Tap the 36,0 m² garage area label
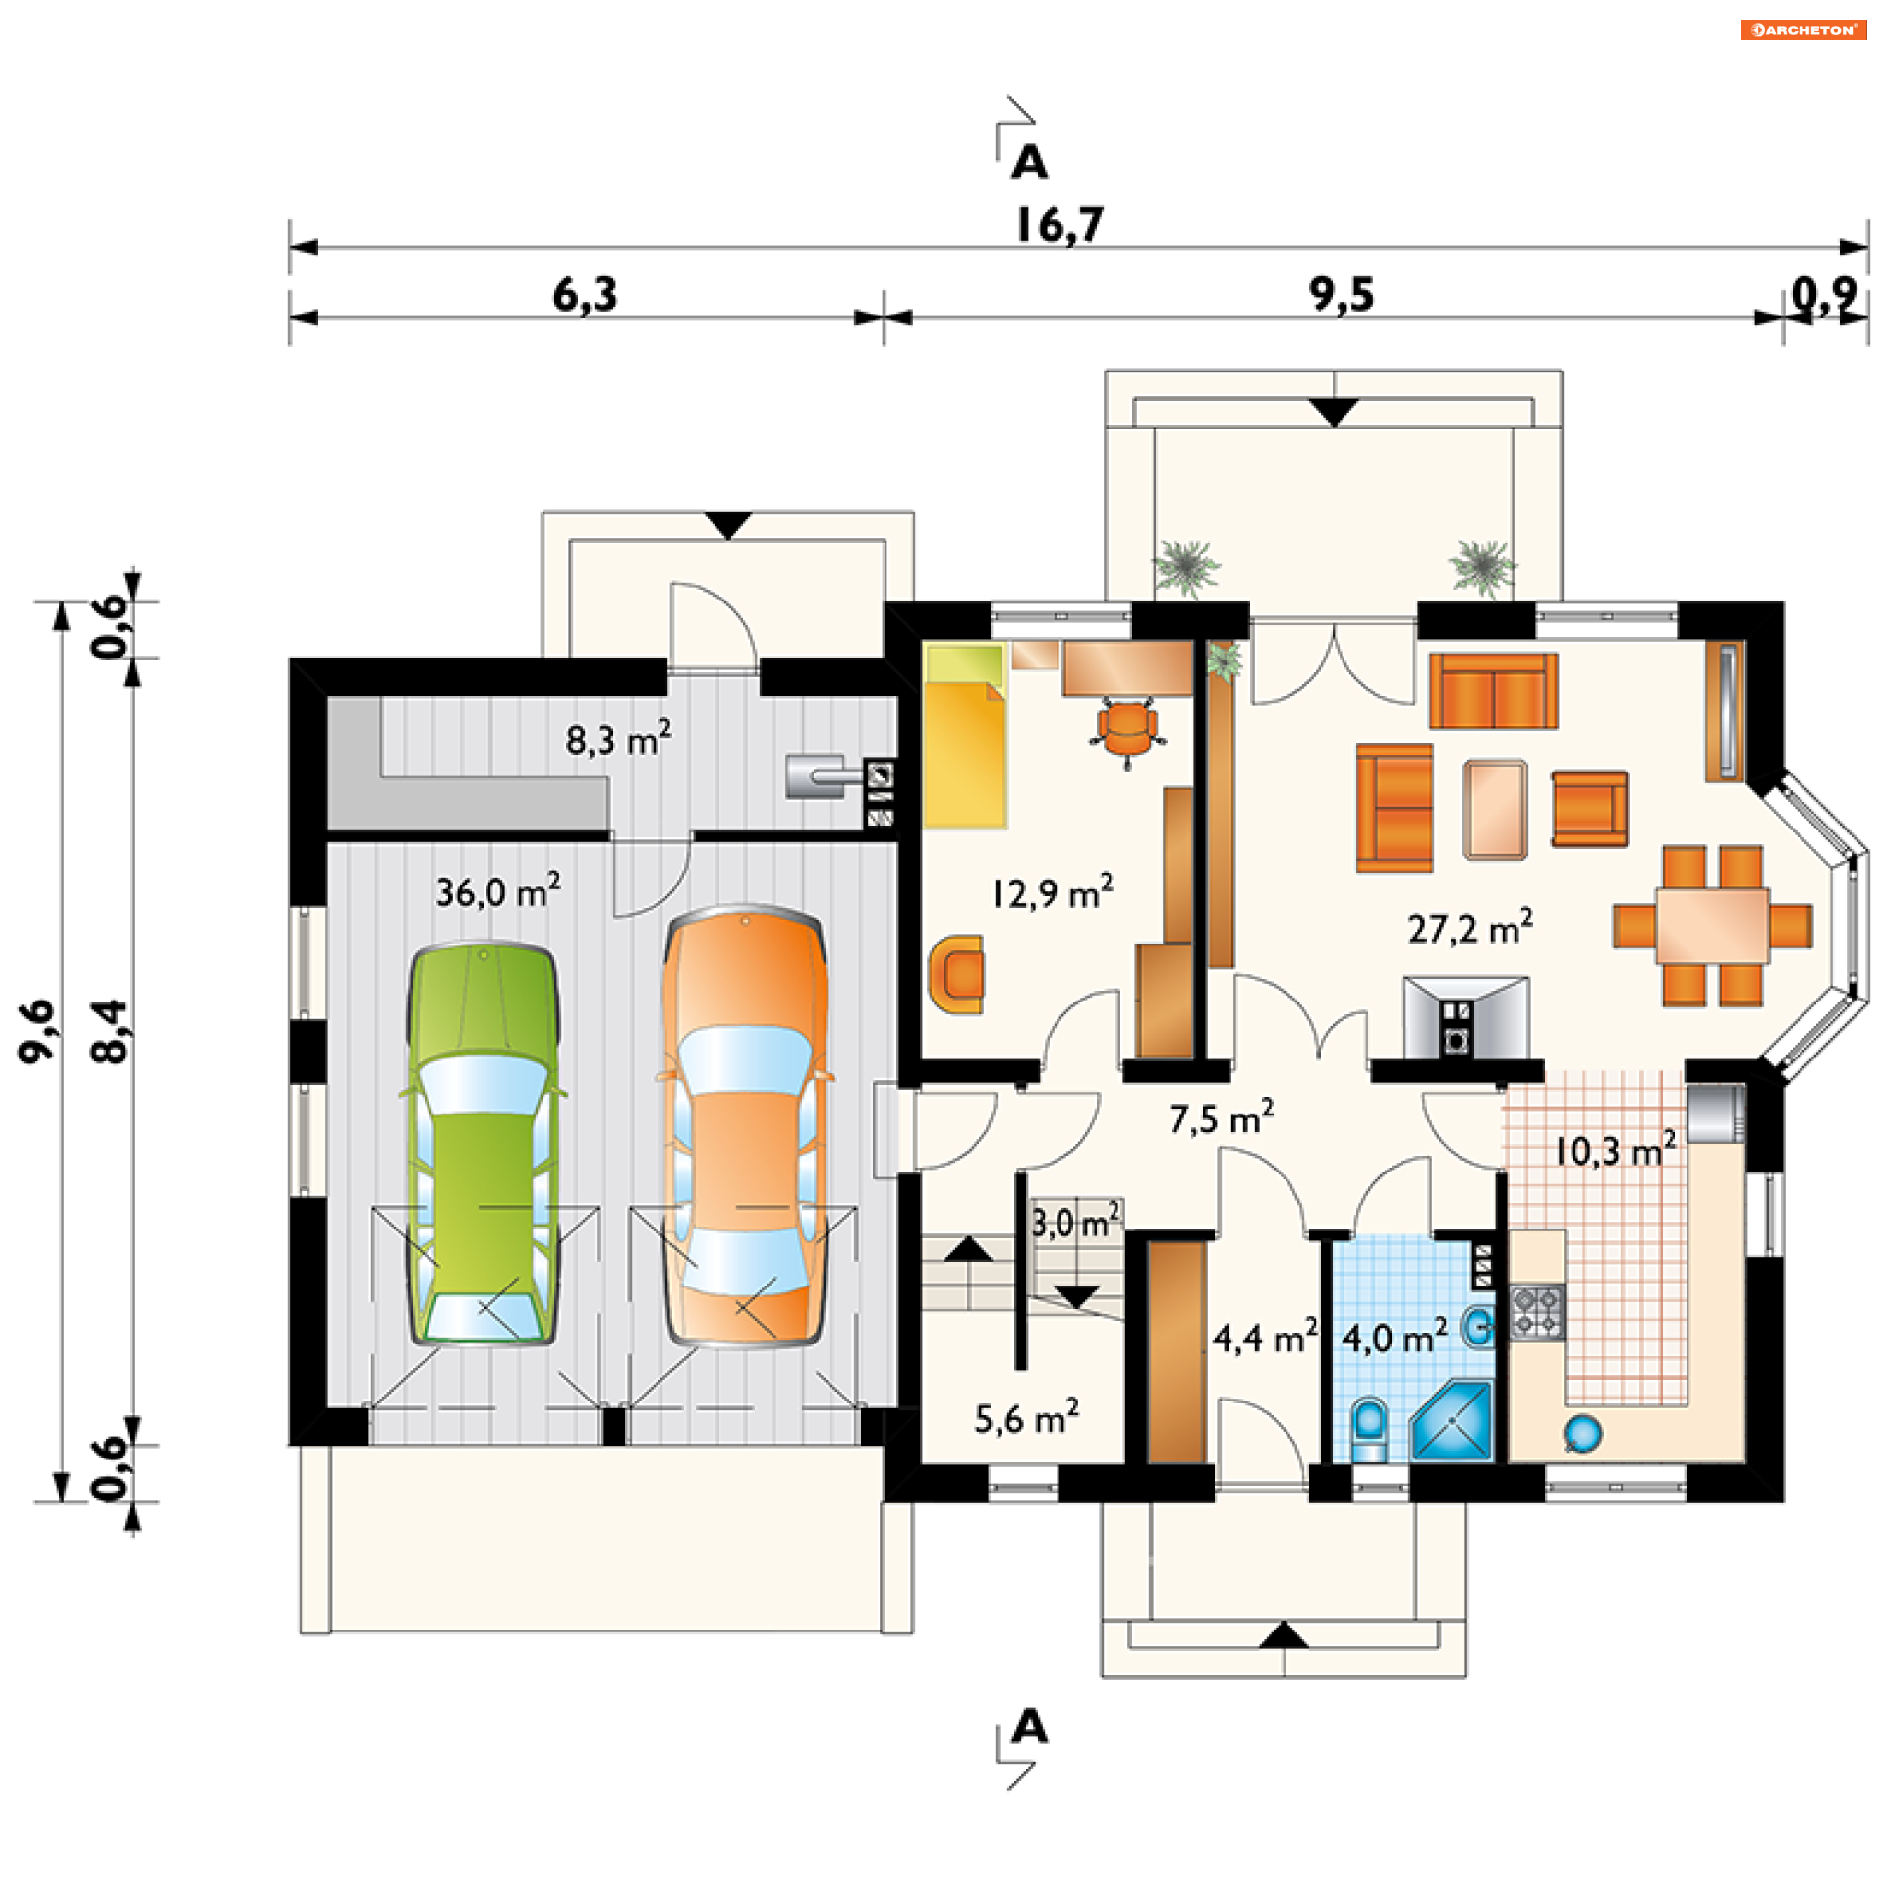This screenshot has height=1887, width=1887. tap(498, 890)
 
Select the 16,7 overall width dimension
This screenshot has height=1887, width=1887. tap(1059, 225)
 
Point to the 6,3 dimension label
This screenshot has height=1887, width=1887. tap(586, 295)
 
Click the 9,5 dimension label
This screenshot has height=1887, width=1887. tap(1341, 295)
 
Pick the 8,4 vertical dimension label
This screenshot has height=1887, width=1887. tap(109, 1031)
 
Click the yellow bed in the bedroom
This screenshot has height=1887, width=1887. tap(965, 735)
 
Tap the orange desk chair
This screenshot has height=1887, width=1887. tap(1127, 728)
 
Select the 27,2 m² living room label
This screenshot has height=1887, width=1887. tap(1469, 927)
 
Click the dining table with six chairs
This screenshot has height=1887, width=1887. tap(1712, 926)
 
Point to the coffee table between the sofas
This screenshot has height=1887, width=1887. tap(1495, 809)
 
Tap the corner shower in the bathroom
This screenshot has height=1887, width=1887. tap(1452, 1421)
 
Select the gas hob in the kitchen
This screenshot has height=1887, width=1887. tap(1536, 1311)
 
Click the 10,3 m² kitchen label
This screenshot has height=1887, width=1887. tap(1615, 1149)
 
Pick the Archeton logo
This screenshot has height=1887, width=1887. tap(1802, 29)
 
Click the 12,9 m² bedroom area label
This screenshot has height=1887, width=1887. tap(1052, 892)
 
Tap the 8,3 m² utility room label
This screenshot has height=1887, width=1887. tap(618, 738)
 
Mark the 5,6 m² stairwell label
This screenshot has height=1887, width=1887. tap(1026, 1418)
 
